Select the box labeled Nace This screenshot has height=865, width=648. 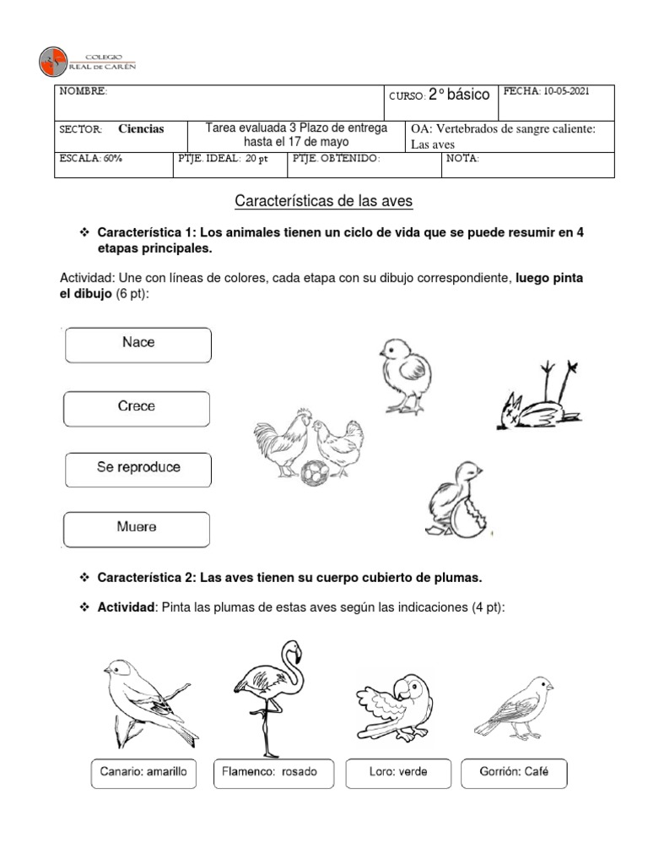tap(138, 345)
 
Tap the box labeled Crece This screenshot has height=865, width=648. tap(138, 408)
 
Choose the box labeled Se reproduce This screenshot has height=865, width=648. tap(138, 468)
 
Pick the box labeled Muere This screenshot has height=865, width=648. tap(138, 528)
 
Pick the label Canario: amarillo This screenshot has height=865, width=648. tap(144, 772)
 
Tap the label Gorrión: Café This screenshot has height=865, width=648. tap(514, 772)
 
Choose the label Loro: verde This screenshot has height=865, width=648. tap(399, 772)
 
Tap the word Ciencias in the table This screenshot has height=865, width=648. tap(141, 129)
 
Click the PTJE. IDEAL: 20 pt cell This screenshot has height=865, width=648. tap(229, 159)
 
